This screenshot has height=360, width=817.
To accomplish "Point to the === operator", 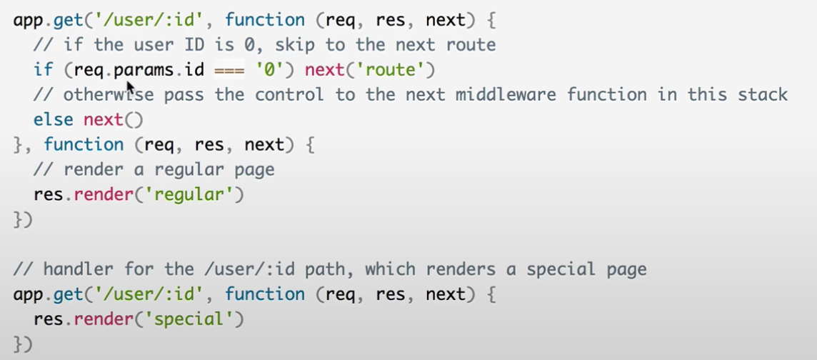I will point(229,70).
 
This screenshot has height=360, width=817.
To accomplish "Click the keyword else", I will point(53,119).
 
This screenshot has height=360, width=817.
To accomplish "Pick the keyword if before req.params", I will point(43,70).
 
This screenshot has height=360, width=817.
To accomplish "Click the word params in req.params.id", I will point(139,70).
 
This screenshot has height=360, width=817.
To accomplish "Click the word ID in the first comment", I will point(194,45).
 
